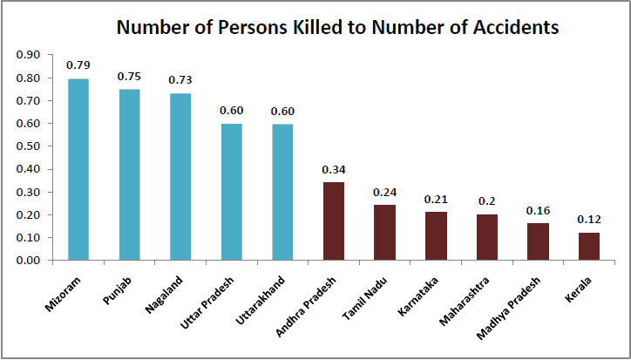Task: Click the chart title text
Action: tap(337, 27)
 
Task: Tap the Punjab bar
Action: tap(129, 174)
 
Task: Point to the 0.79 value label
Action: tap(78, 65)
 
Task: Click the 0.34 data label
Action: tap(333, 169)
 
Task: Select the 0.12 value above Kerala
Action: tap(589, 219)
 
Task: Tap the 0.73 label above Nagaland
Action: tap(180, 79)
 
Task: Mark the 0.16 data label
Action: tap(538, 210)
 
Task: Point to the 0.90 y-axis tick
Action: tap(29, 55)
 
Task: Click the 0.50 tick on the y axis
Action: tap(29, 146)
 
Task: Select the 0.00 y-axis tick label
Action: tap(29, 261)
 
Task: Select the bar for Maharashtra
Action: tap(486, 237)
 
